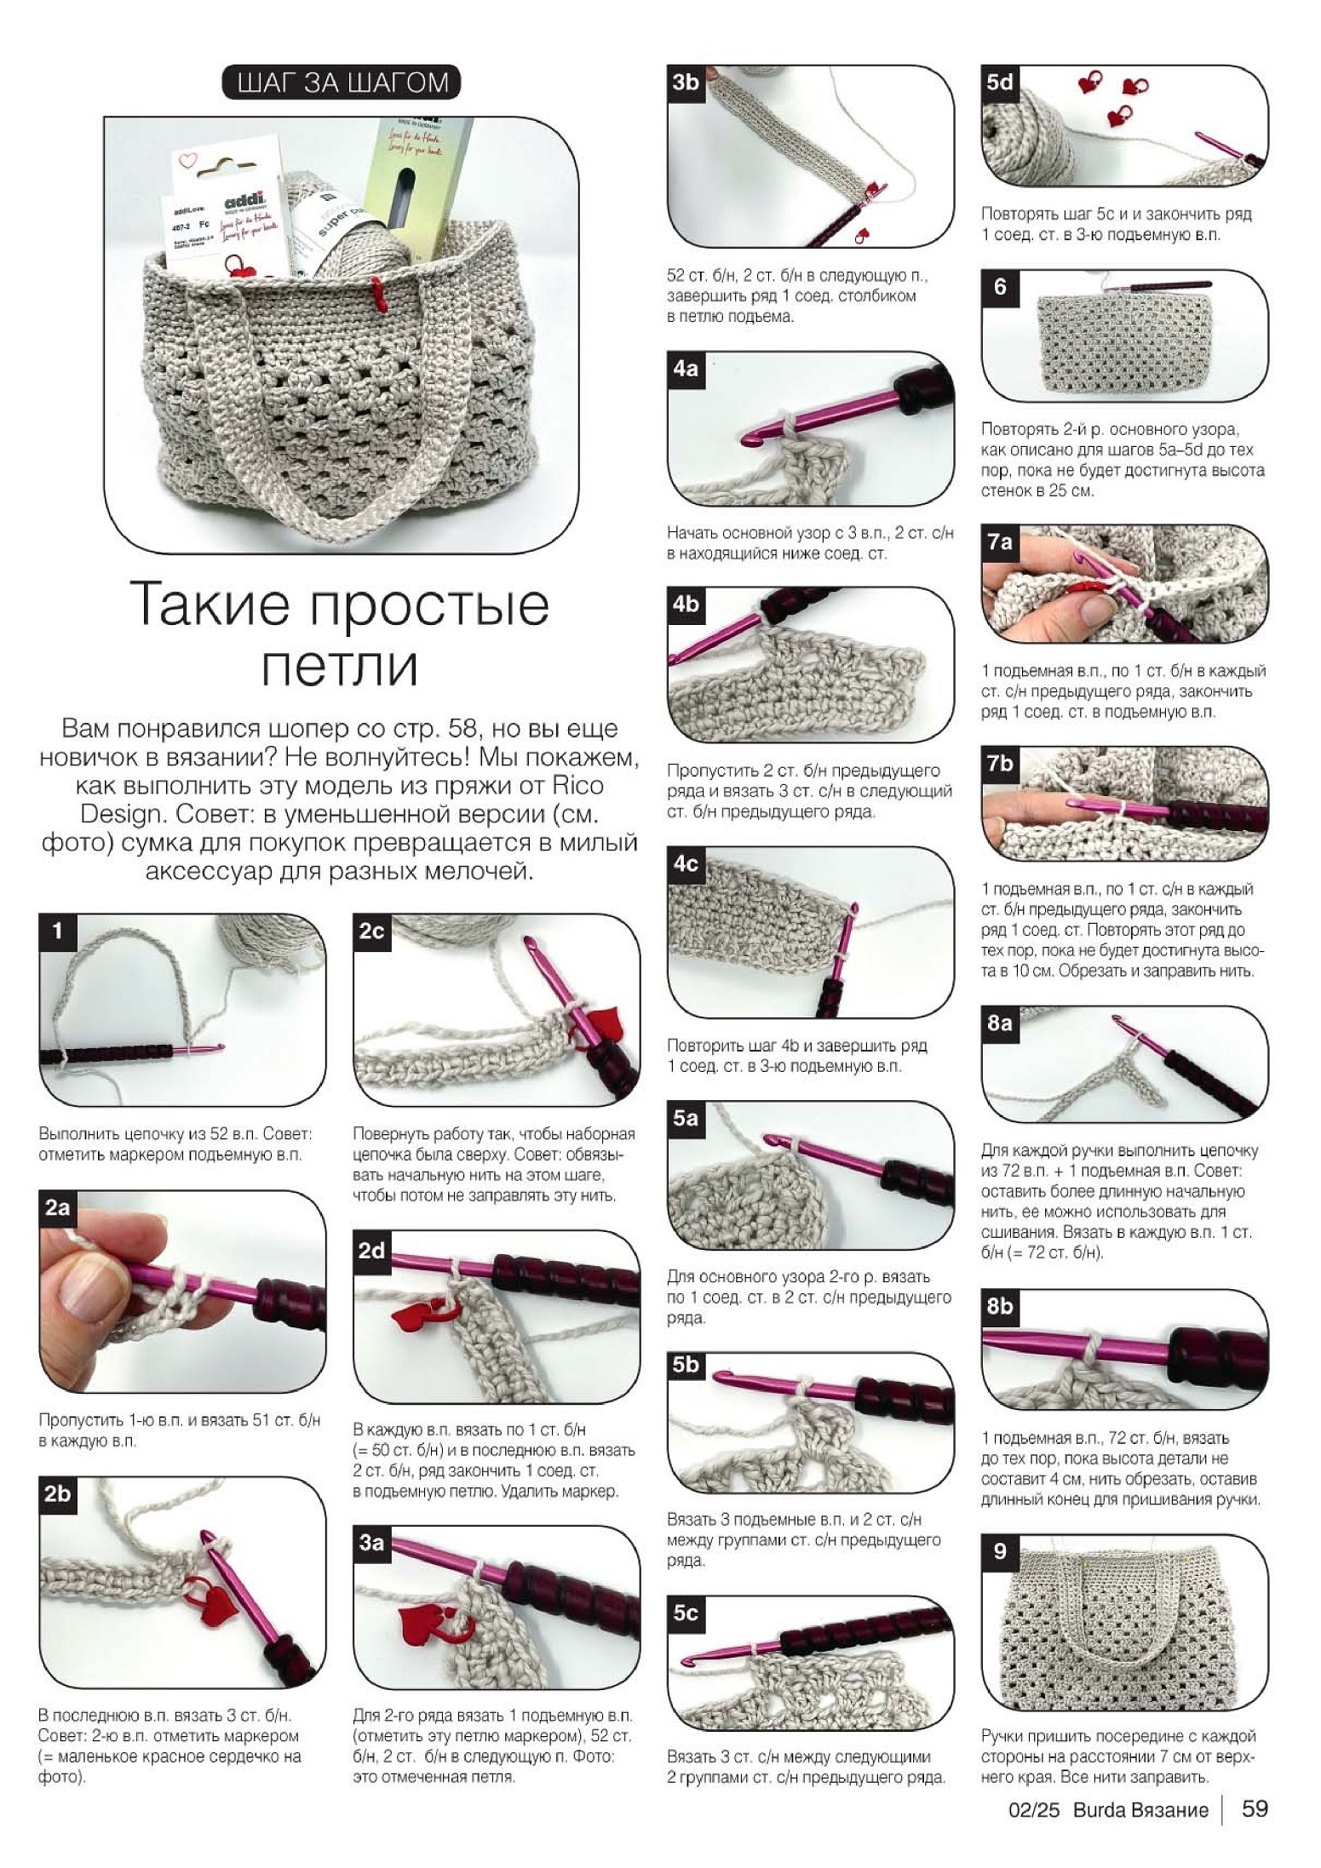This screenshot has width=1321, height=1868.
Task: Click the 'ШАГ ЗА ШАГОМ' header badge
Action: click(341, 83)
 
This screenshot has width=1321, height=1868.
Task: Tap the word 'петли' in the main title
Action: click(339, 668)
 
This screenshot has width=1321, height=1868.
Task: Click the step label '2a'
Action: click(57, 1207)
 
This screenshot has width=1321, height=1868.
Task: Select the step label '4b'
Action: click(685, 604)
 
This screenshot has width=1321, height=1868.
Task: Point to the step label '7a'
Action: click(999, 541)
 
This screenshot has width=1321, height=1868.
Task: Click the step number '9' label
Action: click(999, 1550)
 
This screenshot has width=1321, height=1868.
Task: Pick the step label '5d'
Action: click(999, 82)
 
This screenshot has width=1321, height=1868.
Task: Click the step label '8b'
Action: click(999, 1304)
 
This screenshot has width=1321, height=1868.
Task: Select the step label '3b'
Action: click(685, 82)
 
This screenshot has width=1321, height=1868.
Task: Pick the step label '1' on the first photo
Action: click(57, 930)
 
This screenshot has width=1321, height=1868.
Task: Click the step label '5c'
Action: click(685, 1612)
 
